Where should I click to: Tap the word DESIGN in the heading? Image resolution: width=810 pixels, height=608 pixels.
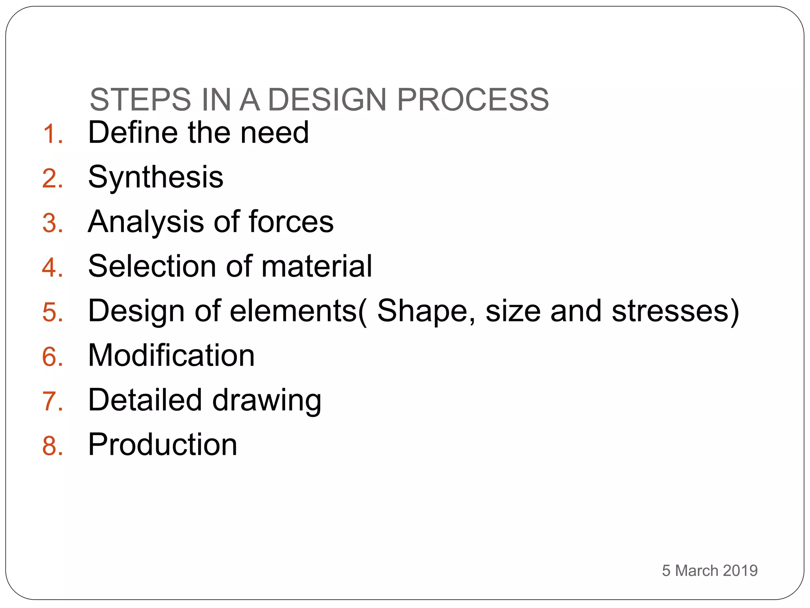327,99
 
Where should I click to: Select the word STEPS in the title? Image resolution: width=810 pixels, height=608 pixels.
140,99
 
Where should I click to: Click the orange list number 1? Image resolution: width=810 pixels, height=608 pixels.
52,134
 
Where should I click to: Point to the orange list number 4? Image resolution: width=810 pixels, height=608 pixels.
52,268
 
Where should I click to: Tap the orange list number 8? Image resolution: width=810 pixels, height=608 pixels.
52,446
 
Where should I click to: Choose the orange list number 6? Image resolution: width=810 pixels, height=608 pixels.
52,357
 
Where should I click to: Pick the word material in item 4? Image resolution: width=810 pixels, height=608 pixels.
317,266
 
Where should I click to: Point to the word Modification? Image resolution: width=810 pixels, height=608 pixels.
171,355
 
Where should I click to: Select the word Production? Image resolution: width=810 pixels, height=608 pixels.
163,445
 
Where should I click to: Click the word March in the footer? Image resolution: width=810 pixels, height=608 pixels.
696,570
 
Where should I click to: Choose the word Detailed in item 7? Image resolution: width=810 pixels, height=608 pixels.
145,400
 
